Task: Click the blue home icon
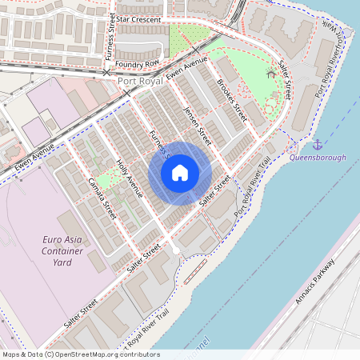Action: tap(180, 172)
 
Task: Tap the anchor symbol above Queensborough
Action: tap(318, 144)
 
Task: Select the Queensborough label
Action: tap(318, 158)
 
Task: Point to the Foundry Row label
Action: tap(137, 62)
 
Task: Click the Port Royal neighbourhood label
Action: tap(141, 81)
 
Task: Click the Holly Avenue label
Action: tap(130, 178)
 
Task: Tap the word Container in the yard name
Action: tap(62, 250)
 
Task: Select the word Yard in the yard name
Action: tap(62, 262)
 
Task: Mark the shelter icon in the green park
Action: tap(270, 74)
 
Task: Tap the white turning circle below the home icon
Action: tap(176, 250)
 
